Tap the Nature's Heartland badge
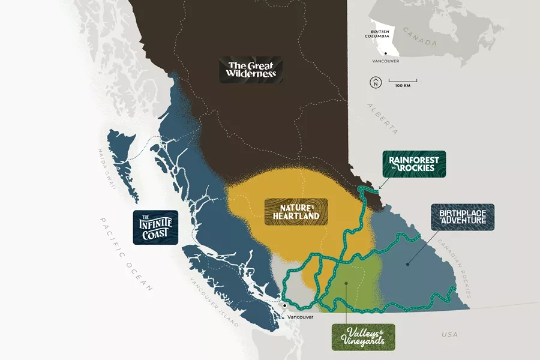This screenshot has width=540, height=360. (x=296, y=211)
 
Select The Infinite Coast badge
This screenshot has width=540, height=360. (x=155, y=227)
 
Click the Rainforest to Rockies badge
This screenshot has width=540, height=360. (x=413, y=164)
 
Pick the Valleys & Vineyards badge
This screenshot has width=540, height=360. (x=364, y=337)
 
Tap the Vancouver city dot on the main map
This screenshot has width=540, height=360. (x=284, y=306)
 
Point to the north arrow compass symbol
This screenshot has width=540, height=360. (x=375, y=82)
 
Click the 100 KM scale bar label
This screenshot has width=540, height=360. (x=403, y=86)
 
